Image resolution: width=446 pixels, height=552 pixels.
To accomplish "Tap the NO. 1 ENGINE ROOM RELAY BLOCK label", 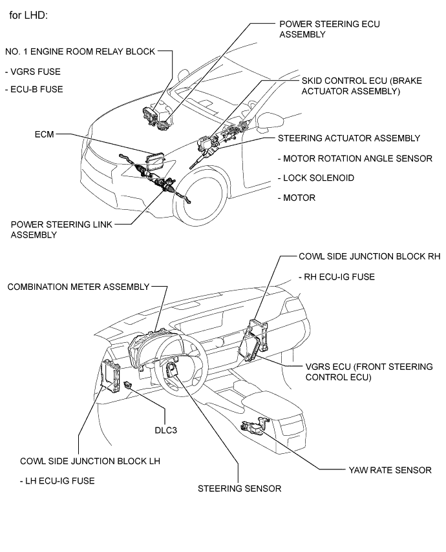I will [80, 52].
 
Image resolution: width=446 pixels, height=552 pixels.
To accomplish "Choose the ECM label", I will [43, 134].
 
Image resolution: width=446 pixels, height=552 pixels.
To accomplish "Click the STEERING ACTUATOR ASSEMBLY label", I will [349, 138].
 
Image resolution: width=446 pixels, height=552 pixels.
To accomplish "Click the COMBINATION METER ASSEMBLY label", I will [77, 286].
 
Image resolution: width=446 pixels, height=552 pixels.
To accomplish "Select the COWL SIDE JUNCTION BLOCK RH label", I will [369, 256].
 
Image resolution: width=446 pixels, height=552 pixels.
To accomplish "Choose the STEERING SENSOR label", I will [239, 488].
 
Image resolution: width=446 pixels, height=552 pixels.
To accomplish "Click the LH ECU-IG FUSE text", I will [58, 480].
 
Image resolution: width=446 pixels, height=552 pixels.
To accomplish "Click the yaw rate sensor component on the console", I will [254, 427].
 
